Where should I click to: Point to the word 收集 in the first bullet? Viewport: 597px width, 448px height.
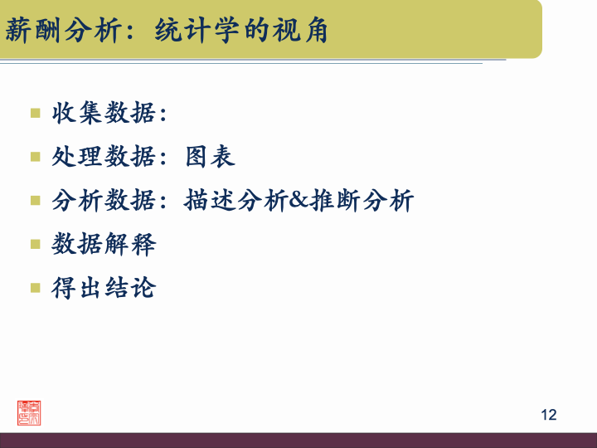pos(78,112)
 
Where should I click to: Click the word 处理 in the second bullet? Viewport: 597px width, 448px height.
pos(78,156)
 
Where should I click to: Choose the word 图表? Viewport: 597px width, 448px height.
pos(211,156)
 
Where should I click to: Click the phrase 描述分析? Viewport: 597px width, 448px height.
pos(236,201)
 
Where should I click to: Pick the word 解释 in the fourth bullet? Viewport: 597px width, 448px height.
pos(130,245)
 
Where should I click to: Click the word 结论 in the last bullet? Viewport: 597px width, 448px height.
pos(130,289)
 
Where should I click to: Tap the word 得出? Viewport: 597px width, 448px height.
pos(78,289)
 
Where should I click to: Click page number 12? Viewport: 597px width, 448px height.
pos(548,415)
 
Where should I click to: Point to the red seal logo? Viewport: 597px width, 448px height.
pos(29,412)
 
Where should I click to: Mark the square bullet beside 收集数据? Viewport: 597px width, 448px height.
pos(36,112)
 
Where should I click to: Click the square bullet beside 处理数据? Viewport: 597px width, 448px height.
pos(36,156)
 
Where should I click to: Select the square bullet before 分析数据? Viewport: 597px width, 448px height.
pos(36,200)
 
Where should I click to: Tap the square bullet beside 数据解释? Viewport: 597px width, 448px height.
pos(36,244)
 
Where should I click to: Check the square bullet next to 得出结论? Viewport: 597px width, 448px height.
pos(36,288)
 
